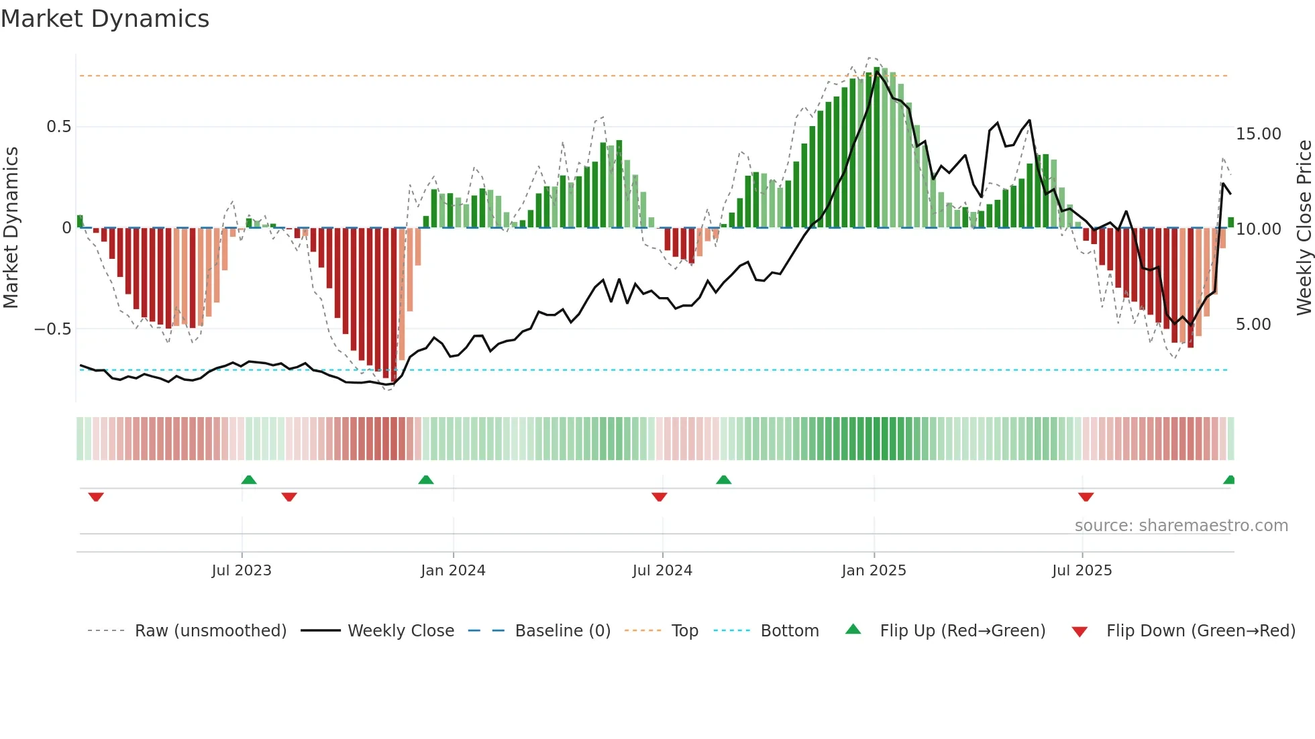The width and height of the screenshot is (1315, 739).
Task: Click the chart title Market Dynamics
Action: click(105, 19)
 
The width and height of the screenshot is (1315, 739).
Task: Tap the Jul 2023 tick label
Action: click(242, 571)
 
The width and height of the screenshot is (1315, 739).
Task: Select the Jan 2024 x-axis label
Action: click(453, 571)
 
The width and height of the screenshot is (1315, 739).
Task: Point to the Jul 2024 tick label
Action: click(662, 571)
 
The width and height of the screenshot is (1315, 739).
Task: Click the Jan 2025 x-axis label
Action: click(874, 571)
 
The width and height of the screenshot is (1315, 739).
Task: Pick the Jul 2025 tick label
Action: click(1082, 571)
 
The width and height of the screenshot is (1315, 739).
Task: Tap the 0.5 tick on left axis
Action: click(58, 127)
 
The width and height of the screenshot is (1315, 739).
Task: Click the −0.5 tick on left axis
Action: click(52, 329)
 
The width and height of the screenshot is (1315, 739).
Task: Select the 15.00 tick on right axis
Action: click(1259, 134)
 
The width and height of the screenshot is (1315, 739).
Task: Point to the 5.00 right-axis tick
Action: click(1253, 325)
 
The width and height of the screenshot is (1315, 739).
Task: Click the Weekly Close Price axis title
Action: click(1304, 227)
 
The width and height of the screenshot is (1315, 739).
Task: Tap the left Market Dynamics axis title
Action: click(11, 227)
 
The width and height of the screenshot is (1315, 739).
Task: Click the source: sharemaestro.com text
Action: click(1181, 526)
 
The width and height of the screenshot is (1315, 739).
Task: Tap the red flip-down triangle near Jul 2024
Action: click(660, 497)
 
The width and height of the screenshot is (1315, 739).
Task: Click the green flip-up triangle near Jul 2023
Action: click(249, 479)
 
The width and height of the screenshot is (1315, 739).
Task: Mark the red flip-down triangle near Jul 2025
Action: click(1086, 497)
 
